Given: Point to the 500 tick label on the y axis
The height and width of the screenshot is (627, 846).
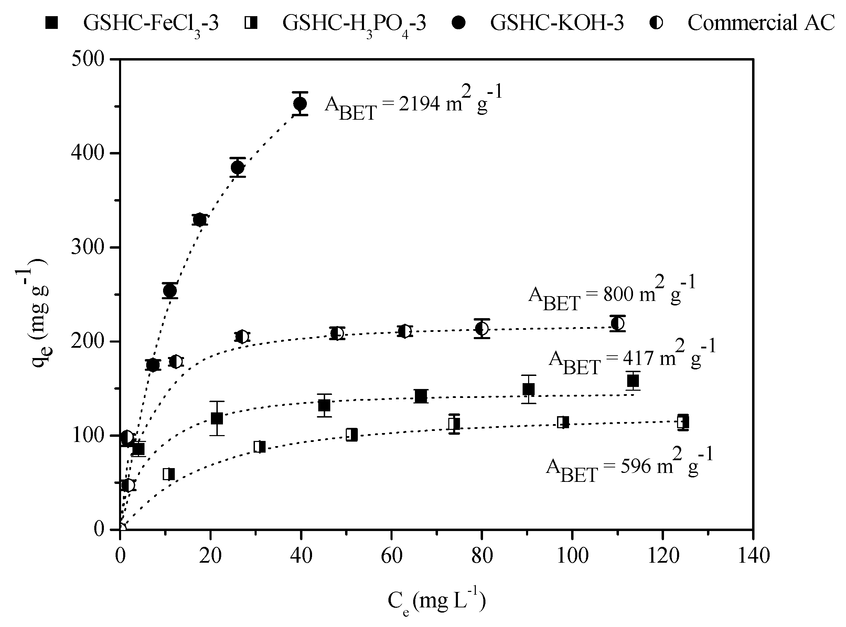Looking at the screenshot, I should point(88,59).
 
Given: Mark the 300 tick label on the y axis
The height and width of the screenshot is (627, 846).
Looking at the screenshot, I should point(88,247).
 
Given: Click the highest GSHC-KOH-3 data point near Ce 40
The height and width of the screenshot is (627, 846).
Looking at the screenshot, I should point(300,104).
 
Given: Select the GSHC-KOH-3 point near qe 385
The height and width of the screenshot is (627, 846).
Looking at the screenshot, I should point(238,167).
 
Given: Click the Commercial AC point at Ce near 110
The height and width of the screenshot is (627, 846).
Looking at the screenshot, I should point(618,323).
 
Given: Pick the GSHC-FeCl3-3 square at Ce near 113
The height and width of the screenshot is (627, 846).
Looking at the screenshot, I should point(633,380).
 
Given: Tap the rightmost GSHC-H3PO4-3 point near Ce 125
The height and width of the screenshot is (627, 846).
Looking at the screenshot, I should point(683,422).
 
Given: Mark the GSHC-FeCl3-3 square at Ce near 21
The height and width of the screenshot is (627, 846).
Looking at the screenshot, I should point(217,418).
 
